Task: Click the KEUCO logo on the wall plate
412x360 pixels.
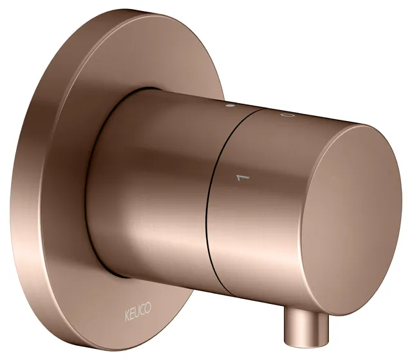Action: coord(138,312)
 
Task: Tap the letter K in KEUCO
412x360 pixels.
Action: coord(127,316)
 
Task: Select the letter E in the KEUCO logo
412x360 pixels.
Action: coord(132,314)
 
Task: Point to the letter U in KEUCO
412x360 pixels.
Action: coord(137,312)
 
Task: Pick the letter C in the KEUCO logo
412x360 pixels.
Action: coord(142,309)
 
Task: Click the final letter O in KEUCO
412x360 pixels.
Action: coord(148,307)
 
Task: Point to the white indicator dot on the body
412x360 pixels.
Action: coord(230,106)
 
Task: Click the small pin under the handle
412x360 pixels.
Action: coord(306,328)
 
